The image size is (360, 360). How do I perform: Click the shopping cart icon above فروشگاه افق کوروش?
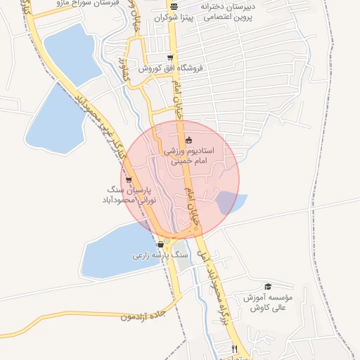coord(170,58)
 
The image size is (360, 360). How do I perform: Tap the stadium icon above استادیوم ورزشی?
coord(188,141)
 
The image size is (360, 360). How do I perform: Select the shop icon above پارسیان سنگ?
coord(129,179)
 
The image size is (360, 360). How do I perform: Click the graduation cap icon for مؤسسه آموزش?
coord(267,286)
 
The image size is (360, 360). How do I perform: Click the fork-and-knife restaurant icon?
coord(235,349)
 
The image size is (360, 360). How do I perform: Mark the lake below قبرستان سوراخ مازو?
coord(70,53)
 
